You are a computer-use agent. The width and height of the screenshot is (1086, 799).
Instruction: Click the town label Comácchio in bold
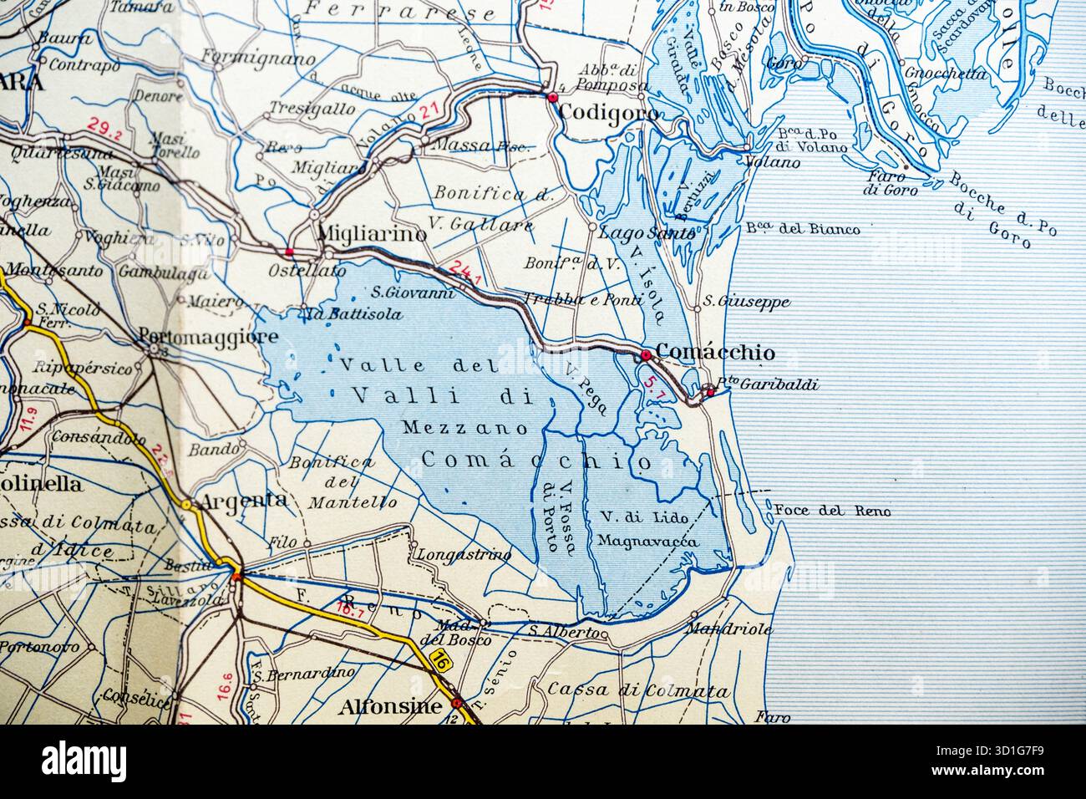[x=716, y=353]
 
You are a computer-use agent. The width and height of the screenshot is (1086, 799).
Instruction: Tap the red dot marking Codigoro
[x=552, y=98]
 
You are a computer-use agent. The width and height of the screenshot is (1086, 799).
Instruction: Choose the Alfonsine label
[x=390, y=706]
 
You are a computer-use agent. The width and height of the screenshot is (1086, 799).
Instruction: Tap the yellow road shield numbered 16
[x=442, y=661]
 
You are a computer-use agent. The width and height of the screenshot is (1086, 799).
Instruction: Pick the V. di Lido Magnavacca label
[x=643, y=529]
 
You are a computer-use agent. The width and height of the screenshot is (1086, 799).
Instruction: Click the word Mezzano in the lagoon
[x=465, y=428]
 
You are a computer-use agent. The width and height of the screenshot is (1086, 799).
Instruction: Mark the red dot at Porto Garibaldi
[x=710, y=391]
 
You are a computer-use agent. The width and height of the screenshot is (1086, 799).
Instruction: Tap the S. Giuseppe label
[x=746, y=302]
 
